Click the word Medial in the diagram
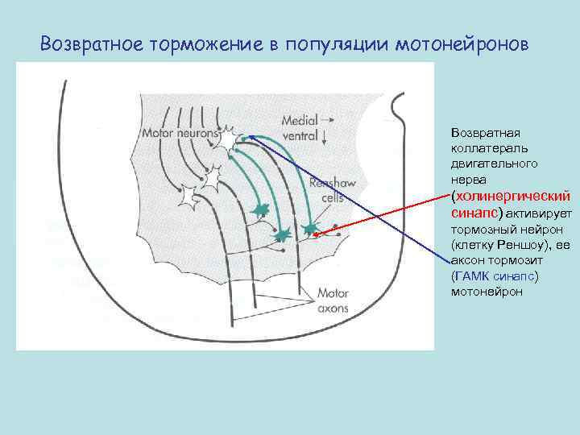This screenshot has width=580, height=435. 300,121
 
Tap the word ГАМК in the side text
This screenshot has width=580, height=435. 472,276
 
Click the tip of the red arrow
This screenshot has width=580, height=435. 315,234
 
